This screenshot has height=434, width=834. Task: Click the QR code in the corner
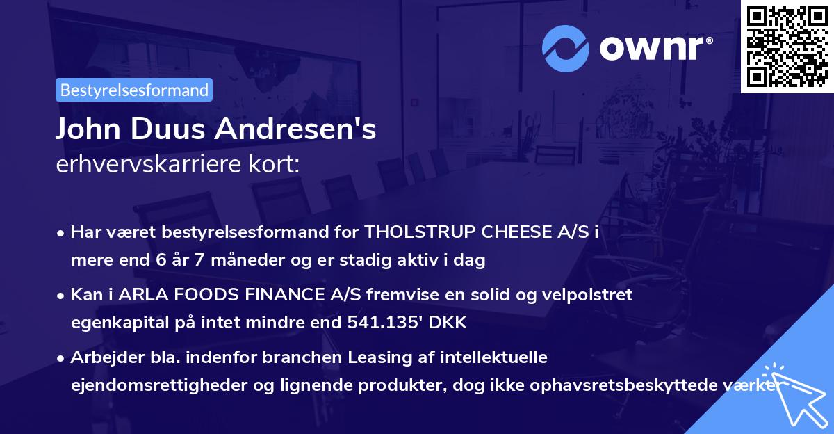point(787,46)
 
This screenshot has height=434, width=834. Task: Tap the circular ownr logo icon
point(565,48)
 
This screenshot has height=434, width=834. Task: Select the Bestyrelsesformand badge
point(133,90)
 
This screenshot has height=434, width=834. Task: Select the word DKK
point(452,323)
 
